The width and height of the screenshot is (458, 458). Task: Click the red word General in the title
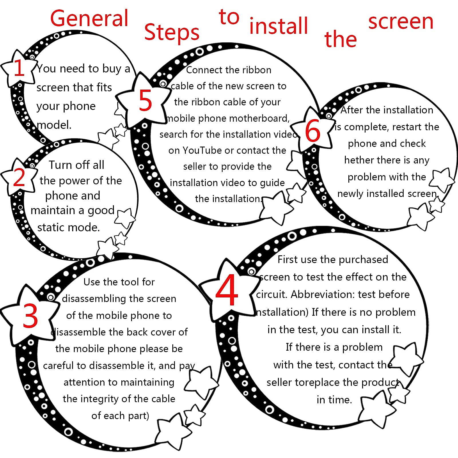89,18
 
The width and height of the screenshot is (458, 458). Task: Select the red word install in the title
279,25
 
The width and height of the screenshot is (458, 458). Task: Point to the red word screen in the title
401,22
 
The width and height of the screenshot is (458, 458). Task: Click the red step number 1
19,68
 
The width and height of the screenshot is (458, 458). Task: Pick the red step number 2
19,177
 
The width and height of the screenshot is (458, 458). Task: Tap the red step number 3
30,316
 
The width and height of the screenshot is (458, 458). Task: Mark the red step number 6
313,131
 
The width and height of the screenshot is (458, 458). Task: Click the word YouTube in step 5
202,150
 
